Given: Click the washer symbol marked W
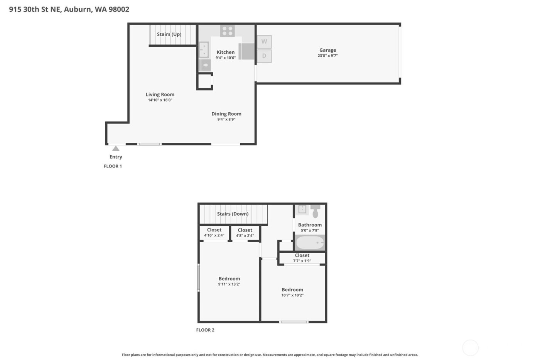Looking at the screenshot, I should pos(264,42).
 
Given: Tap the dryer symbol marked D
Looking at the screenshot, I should pos(264,56).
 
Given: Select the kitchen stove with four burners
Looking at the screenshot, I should pos(227,30).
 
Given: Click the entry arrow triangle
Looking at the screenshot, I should pos(116,149).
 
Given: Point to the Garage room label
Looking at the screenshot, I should pos(327,50).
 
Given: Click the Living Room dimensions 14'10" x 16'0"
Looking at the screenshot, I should pos(160,100).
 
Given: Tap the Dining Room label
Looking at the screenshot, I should pos(226,114).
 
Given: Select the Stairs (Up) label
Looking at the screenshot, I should pos(169,34).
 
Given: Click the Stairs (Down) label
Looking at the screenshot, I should pos(233,214).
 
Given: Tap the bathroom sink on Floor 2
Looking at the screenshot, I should pos(302,209).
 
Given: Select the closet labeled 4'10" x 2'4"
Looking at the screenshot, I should pos(214,232).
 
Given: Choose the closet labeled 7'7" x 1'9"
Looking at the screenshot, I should pos(302,258).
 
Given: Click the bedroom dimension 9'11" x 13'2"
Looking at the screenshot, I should pos(229,284).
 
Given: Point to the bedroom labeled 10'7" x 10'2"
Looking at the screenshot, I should pos(292,292).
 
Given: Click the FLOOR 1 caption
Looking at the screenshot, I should pos(113,166).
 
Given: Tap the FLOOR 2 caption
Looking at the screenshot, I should pos(205,330).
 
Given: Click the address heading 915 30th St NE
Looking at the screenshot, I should pos(69,9).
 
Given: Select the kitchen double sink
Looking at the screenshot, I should pos(204,50).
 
